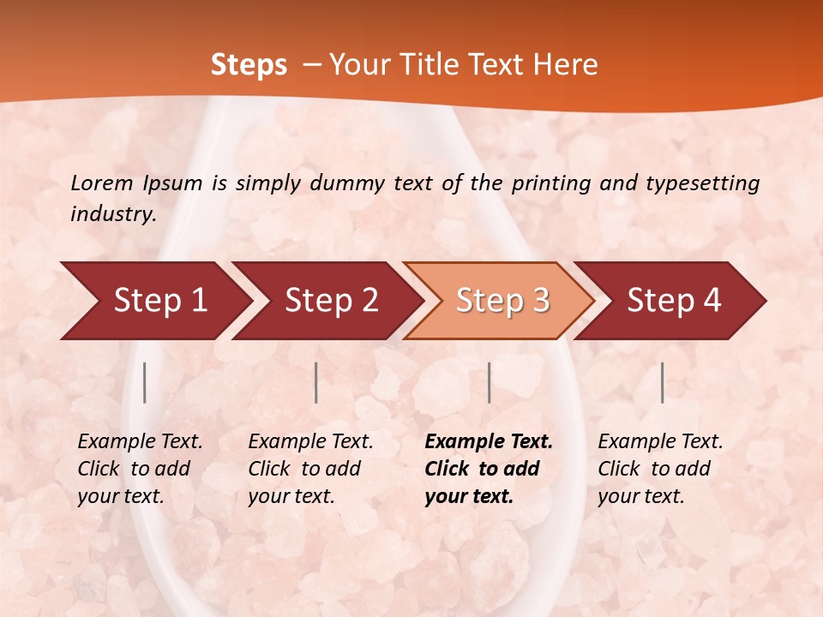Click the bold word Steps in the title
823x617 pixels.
[249, 65]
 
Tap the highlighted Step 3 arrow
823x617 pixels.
[502, 301]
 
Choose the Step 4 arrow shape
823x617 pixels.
[674, 301]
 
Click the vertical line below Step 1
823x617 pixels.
[145, 382]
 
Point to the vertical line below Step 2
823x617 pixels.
[316, 382]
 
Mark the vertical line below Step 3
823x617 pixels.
[490, 382]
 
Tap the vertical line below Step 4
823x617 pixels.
[663, 382]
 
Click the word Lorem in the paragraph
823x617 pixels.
[102, 183]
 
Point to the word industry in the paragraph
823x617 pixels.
[113, 214]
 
